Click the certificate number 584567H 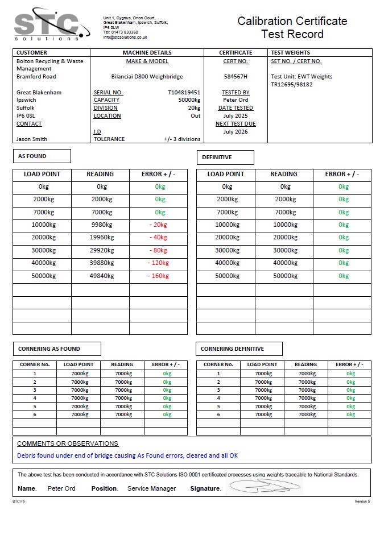pos(236,76)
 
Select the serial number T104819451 pos(184,92)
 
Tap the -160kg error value pos(158,276)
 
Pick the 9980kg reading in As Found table pos(102,225)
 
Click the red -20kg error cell pos(158,225)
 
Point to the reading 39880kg pos(102,263)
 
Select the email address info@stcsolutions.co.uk pos(125,38)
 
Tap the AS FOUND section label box pos(42,156)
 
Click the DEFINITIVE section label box pos(225,157)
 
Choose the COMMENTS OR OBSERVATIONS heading pos(68,443)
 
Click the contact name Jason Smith pos(32,139)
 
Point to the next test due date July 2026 pos(236,132)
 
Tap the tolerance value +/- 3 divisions pos(182,139)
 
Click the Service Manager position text pos(151,488)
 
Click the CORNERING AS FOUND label pos(56,349)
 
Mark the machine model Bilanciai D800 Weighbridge pos(147,76)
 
